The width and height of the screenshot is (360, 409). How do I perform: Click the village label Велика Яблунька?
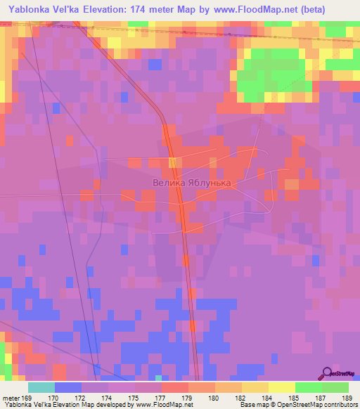pyautogui.click(x=191, y=181)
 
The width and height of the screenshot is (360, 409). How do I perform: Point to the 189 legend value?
pyautogui.click(x=346, y=397)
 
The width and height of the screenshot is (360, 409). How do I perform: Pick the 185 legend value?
pyautogui.click(x=295, y=397)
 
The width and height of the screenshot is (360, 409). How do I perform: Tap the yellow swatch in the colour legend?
pyautogui.click(x=282, y=387)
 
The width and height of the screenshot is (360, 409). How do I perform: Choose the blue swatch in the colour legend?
pyautogui.click(x=68, y=387)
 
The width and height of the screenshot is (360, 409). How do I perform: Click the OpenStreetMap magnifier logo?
pyautogui.click(x=328, y=372)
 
